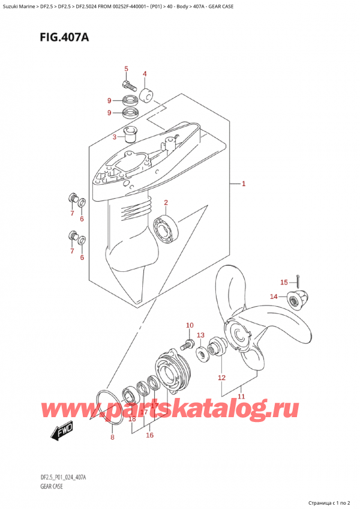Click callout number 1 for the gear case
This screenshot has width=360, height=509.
tap(244, 184)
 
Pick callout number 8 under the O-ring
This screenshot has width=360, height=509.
tap(112, 438)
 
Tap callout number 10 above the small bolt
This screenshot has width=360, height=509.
tap(190, 325)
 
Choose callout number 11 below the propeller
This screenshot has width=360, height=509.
tap(241, 396)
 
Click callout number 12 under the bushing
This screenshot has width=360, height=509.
tap(221, 378)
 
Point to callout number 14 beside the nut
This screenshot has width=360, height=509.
tap(274, 296)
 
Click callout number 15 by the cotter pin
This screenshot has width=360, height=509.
tap(284, 282)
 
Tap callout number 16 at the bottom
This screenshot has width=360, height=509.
tap(149, 435)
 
